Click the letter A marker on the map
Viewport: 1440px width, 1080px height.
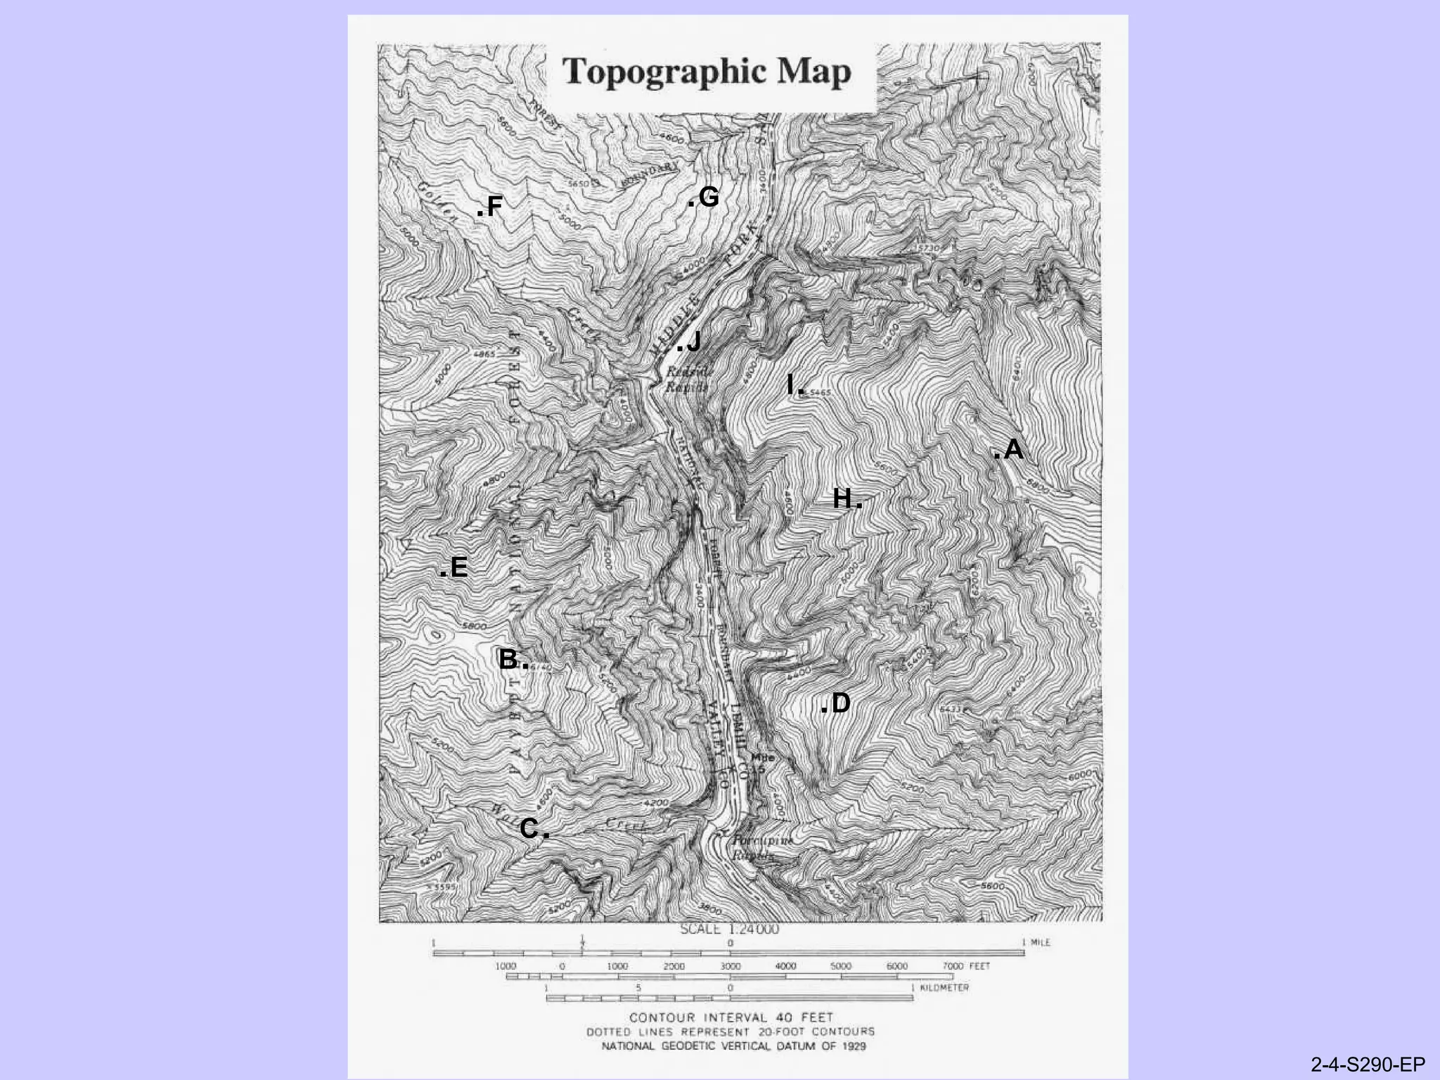pos(1012,449)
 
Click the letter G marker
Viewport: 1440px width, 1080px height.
pos(708,198)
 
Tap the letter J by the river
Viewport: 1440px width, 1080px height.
pos(693,342)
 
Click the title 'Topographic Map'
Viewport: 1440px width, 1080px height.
pos(707,72)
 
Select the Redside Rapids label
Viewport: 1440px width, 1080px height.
pos(688,379)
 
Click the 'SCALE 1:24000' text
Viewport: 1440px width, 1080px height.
pos(729,929)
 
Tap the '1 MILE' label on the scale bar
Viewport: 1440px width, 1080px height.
pos(1036,942)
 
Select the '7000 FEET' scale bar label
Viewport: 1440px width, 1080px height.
pos(966,966)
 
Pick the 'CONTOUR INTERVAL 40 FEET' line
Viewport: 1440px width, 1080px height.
pos(731,1017)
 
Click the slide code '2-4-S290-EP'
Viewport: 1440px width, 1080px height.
pos(1368,1065)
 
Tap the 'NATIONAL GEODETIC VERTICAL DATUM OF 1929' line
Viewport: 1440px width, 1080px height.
pos(733,1046)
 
